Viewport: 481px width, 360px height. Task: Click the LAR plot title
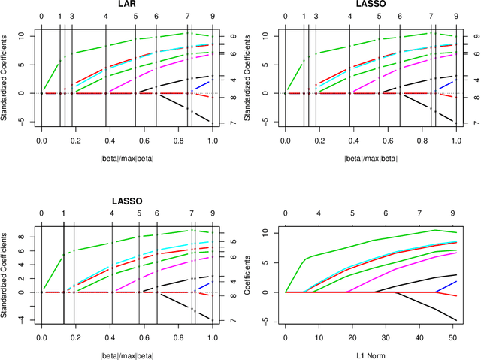[x=126, y=5]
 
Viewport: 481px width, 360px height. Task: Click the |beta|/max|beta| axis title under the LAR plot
[x=126, y=158]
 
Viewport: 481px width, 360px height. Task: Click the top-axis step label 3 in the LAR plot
[x=72, y=16]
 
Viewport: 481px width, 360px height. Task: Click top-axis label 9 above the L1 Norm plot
[x=452, y=213]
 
